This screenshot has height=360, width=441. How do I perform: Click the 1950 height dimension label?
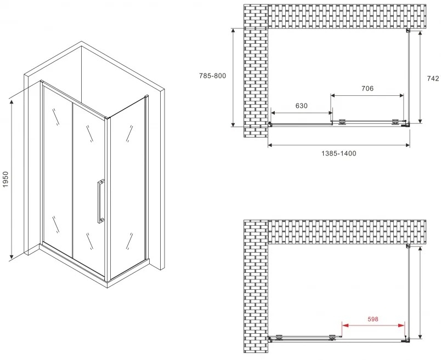[6, 179]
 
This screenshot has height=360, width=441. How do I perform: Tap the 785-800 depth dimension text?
[212, 76]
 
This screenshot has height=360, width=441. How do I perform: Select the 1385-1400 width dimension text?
[338, 153]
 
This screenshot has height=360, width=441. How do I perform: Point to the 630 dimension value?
[301, 106]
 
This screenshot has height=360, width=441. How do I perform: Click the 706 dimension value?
[367, 89]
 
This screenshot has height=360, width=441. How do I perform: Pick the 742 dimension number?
[433, 79]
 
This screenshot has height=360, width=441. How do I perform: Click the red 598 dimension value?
[373, 319]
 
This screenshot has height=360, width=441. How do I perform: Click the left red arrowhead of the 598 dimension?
[345, 325]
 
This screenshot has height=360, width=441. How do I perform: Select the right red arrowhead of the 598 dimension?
[402, 325]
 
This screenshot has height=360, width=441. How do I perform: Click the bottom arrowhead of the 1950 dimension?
[12, 255]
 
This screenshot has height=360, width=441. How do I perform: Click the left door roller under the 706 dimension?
[342, 122]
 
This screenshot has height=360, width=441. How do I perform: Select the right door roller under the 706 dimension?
[395, 122]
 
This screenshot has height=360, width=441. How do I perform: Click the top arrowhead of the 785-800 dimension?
[233, 32]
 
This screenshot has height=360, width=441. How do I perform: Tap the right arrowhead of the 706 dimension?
[400, 95]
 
